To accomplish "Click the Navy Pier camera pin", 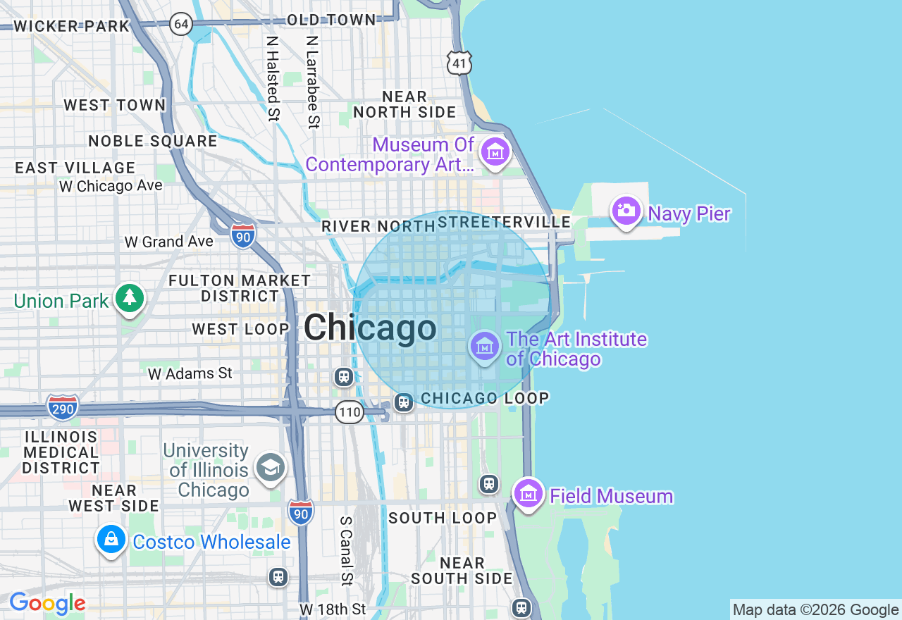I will click(x=626, y=211).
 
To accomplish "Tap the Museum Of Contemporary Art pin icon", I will click(x=495, y=151).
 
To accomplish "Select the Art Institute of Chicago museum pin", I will click(x=485, y=346).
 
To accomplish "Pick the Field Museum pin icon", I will click(x=528, y=494).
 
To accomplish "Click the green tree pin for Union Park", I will click(x=129, y=298).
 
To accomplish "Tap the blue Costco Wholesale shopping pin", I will click(x=111, y=540).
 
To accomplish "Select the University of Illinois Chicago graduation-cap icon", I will click(x=270, y=467).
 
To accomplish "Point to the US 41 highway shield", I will click(x=459, y=63).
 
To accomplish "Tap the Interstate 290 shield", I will click(x=63, y=407).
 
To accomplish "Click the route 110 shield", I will click(x=349, y=412).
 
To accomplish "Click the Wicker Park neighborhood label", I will click(x=72, y=27).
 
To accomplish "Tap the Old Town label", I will click(x=331, y=20).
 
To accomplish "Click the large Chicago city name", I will click(x=370, y=328).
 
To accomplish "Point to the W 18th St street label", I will click(x=333, y=609).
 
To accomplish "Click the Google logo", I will click(x=47, y=603).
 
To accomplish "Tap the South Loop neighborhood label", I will click(x=443, y=518).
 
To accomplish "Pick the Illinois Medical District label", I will click(x=61, y=452).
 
